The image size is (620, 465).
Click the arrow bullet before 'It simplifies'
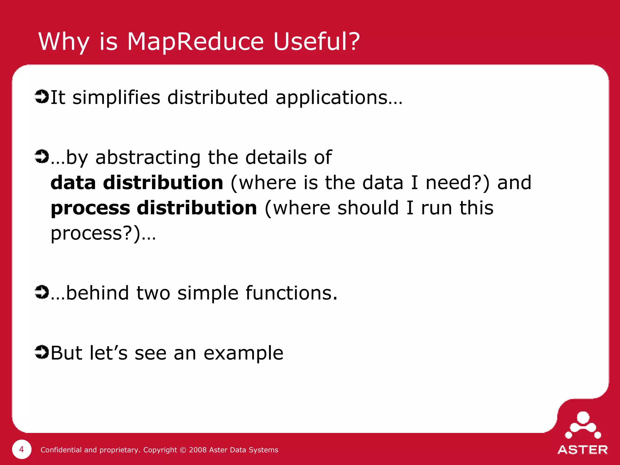click(x=41, y=97)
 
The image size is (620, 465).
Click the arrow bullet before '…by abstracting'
click(x=41, y=157)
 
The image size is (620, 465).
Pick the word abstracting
click(x=148, y=158)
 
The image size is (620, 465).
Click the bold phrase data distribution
click(x=137, y=183)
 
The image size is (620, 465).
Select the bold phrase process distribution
click(x=154, y=209)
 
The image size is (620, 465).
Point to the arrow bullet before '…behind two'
click(x=41, y=292)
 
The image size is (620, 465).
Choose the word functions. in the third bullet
click(x=291, y=293)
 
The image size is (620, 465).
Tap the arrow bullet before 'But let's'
click(x=41, y=352)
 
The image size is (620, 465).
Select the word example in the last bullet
click(x=243, y=354)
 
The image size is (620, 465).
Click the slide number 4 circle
click(x=21, y=449)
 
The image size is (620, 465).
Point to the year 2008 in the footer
click(x=198, y=450)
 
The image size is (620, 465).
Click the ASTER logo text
click(x=582, y=450)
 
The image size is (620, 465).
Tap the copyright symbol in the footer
click(x=183, y=450)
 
